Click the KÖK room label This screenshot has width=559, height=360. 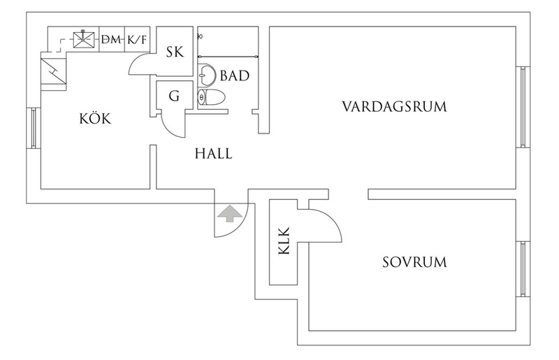[95, 120]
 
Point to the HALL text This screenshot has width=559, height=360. [212, 153]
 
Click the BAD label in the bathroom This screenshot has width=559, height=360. [235, 74]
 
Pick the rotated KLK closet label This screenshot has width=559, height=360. [284, 242]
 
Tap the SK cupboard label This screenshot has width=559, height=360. [175, 51]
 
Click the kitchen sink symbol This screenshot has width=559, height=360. [87, 39]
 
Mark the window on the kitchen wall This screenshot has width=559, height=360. [34, 127]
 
